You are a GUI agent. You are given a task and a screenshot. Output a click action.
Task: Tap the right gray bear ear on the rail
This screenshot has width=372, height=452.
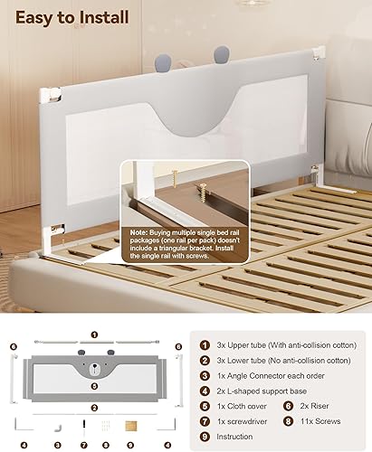[221, 57]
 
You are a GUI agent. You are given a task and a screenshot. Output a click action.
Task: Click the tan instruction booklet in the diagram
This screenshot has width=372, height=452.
[130, 424]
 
